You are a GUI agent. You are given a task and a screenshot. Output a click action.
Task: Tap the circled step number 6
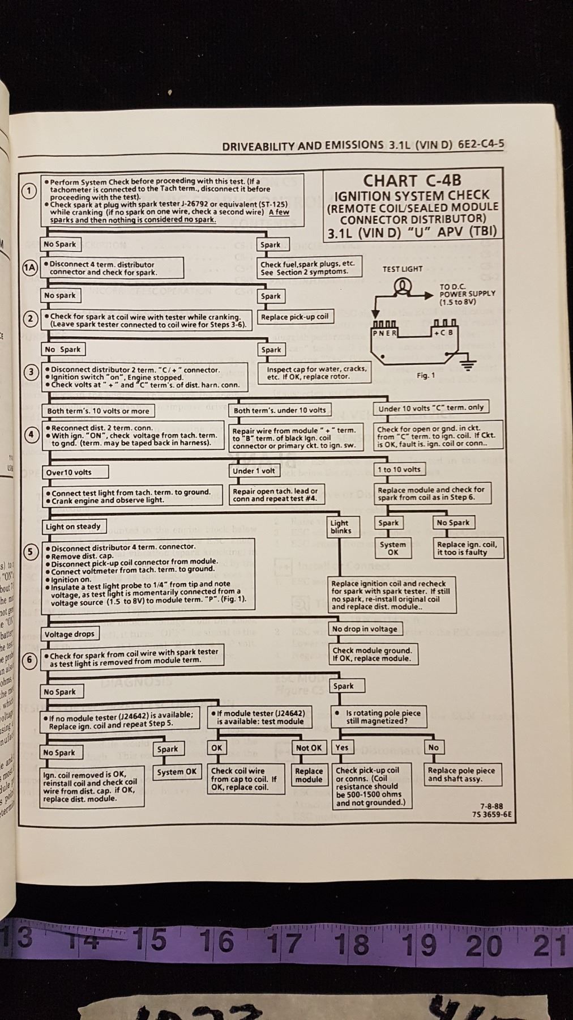(x=29, y=660)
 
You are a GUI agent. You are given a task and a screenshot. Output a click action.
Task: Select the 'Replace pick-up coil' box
(x=294, y=317)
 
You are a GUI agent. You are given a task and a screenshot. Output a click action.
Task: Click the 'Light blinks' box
(x=340, y=527)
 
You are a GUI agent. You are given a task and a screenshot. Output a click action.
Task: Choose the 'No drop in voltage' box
(x=365, y=629)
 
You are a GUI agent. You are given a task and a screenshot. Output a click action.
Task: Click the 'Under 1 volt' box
(x=254, y=470)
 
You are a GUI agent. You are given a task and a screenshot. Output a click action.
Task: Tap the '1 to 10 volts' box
(x=399, y=469)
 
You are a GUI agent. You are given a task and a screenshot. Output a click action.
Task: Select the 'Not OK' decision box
(x=309, y=747)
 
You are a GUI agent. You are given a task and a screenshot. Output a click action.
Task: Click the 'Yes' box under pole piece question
(x=342, y=747)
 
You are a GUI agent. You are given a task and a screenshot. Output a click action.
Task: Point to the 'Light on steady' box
(x=73, y=526)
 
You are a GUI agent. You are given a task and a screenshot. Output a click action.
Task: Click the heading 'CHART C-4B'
(x=412, y=181)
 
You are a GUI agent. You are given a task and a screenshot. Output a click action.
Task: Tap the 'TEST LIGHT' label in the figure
(x=402, y=269)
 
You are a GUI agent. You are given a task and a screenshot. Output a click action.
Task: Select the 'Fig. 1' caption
(x=426, y=375)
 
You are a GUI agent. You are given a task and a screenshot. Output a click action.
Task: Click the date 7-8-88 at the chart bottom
(x=491, y=806)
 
